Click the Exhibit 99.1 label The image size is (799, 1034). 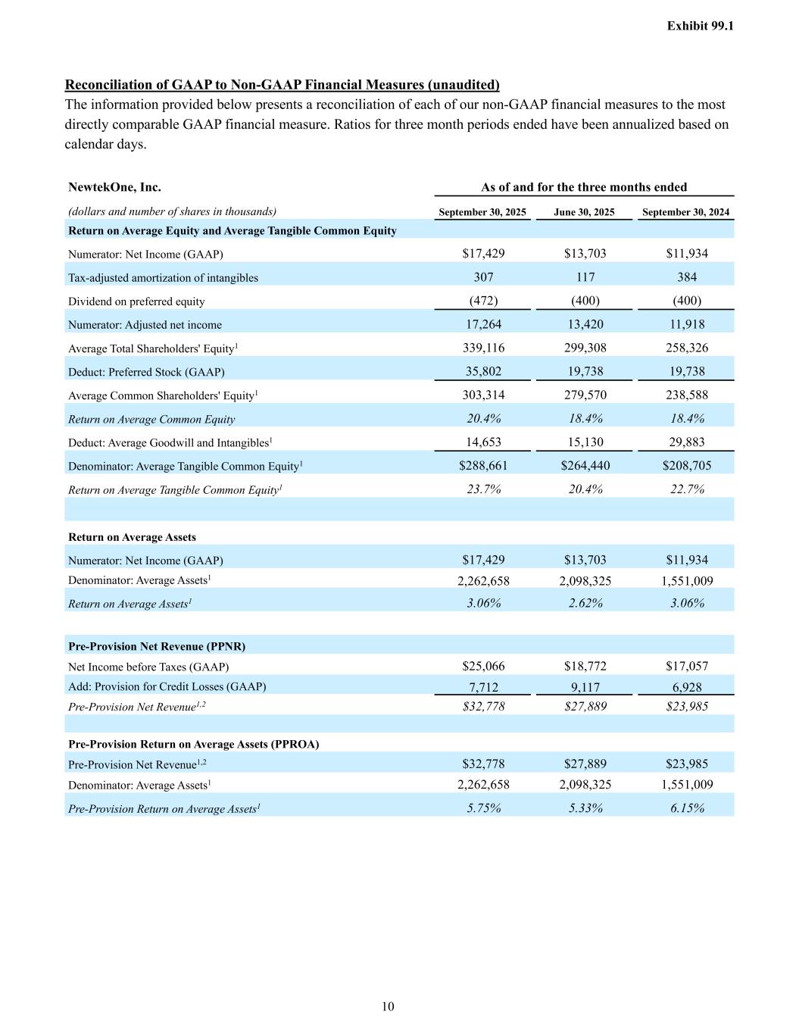700,26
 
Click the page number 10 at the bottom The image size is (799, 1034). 388,1007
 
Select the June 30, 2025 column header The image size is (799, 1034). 584,212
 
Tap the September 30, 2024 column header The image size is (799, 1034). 685,212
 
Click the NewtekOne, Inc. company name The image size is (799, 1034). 114,187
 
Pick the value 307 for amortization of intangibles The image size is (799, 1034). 483,277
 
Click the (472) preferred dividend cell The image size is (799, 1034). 483,301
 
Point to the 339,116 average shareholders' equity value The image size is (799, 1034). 483,348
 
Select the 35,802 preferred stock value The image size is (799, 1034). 483,371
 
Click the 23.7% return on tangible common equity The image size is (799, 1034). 483,489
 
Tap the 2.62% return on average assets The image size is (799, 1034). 585,603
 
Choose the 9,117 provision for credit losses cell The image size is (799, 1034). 585,687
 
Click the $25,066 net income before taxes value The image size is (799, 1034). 483,667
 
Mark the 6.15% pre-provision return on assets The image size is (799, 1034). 687,808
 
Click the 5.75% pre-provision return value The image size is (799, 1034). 483,808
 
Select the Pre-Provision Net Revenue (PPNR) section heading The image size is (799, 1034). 157,646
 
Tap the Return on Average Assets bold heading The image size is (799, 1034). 132,537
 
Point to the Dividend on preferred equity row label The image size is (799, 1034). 136,301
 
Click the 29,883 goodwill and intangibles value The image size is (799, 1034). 687,442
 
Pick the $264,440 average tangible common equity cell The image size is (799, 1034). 585,466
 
